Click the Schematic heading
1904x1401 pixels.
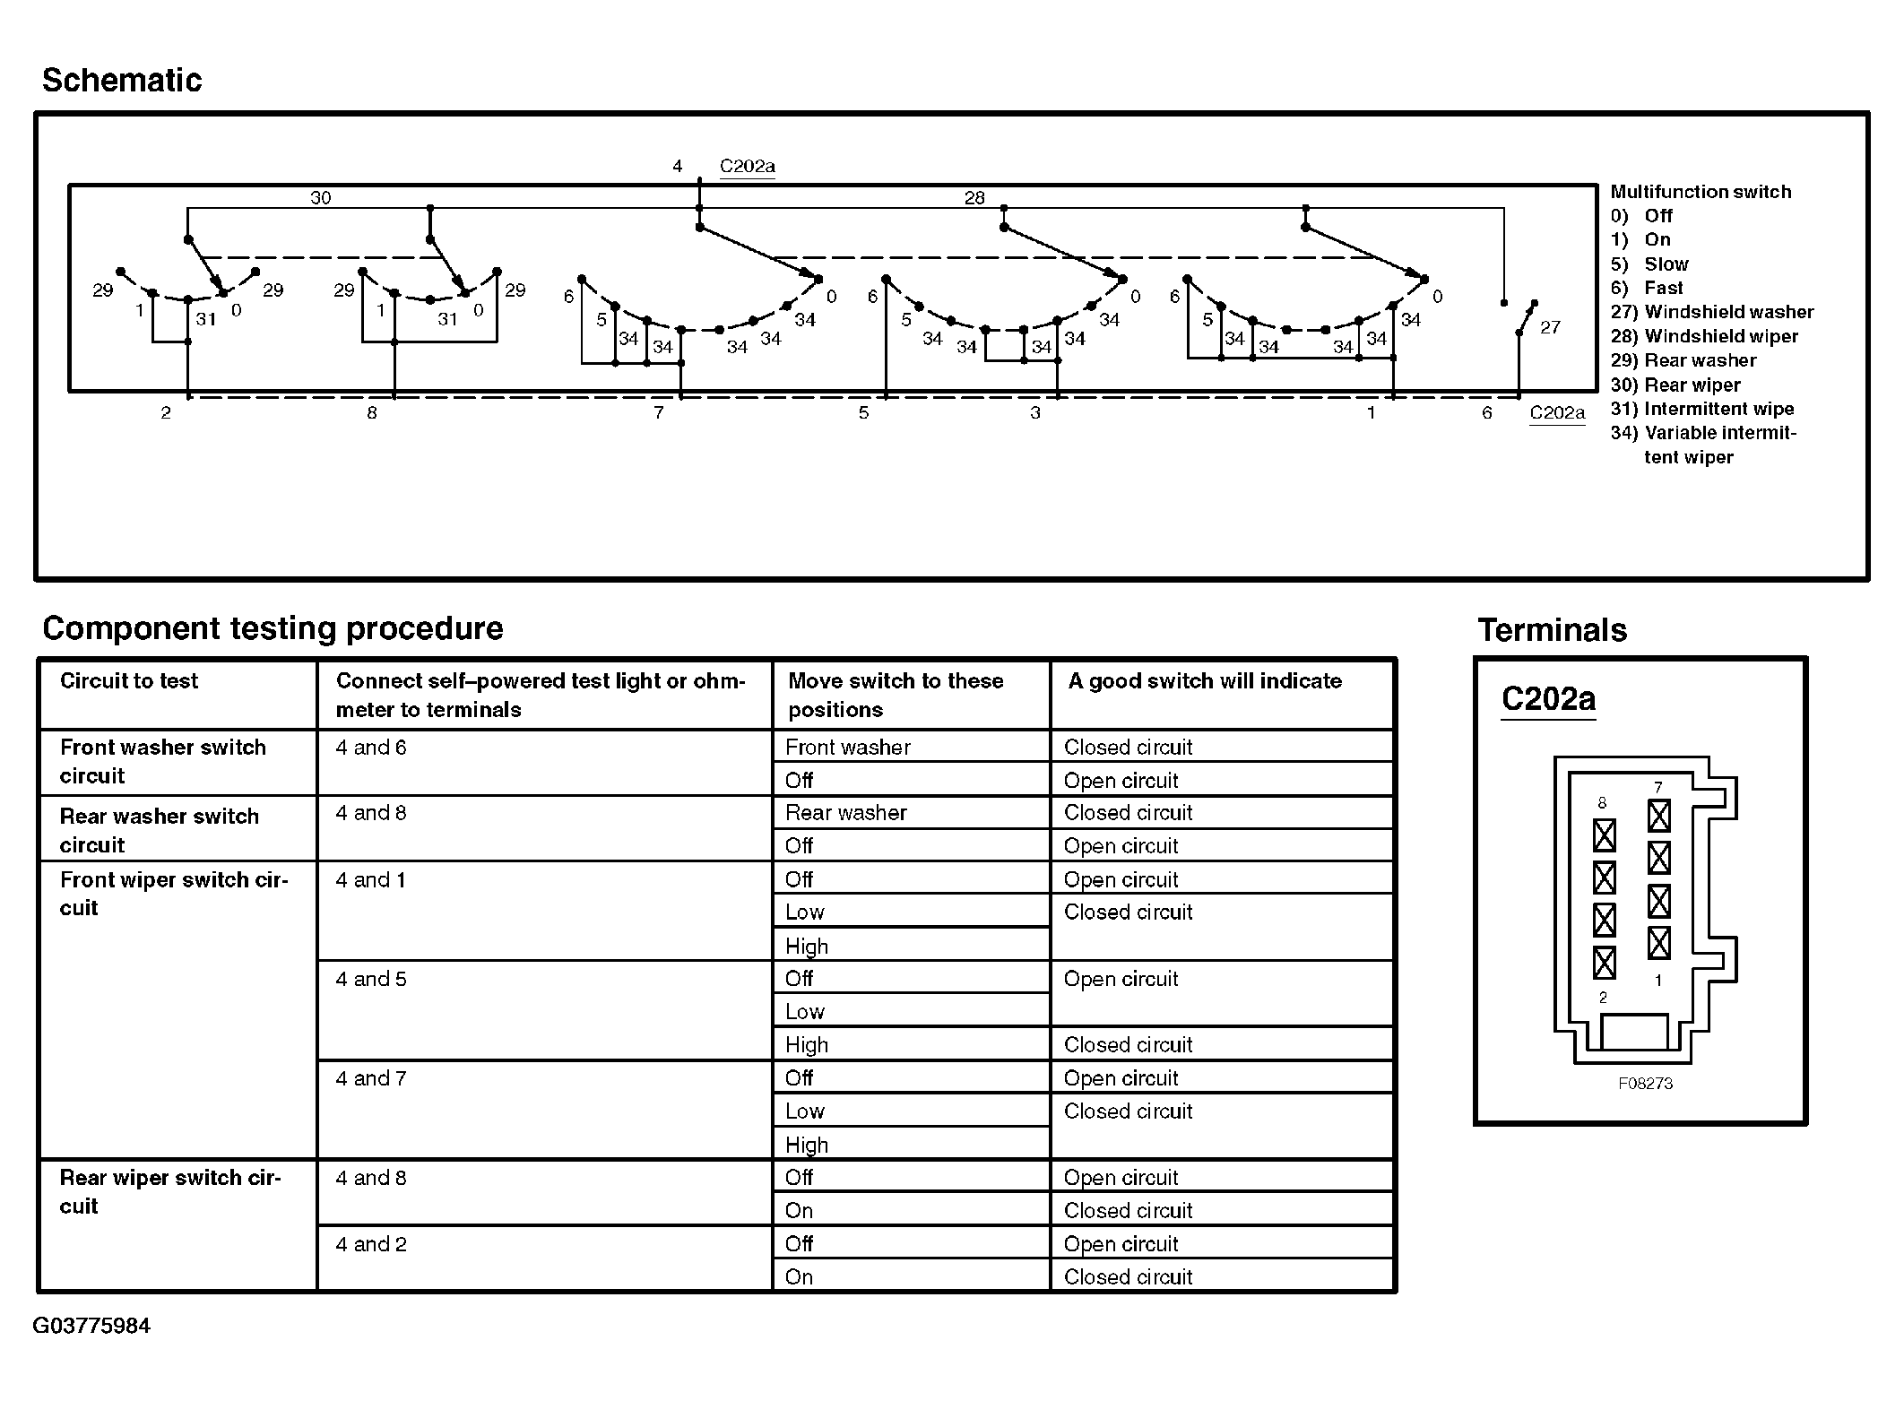122,81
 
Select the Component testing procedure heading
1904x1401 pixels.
273,628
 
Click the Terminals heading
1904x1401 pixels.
1552,630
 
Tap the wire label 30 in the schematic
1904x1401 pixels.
320,198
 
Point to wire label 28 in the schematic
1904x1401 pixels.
974,198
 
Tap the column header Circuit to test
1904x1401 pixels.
129,681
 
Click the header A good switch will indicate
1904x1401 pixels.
1204,681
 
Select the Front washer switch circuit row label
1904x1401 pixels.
162,761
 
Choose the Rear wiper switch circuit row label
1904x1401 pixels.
169,1191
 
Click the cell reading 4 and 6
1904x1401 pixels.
371,748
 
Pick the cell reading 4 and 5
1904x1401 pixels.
371,979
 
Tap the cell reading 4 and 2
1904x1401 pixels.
371,1244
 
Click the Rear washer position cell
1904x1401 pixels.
845,813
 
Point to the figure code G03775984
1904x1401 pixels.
91,1326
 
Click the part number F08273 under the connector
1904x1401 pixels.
1645,1083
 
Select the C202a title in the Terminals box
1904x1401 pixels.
1548,699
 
